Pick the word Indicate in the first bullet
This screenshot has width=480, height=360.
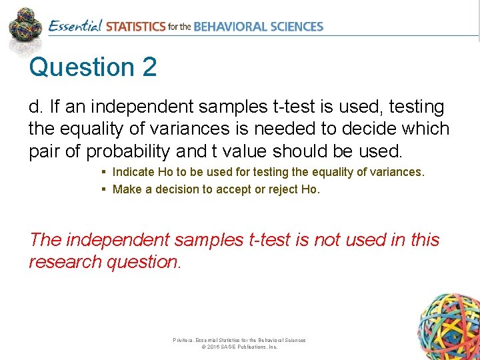pyautogui.click(x=133, y=172)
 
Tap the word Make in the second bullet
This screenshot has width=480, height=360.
pyautogui.click(x=126, y=189)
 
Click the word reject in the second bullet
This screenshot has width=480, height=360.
pyautogui.click(x=282, y=189)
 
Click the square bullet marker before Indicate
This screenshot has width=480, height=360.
pyautogui.click(x=104, y=172)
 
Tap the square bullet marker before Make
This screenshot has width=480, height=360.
pyautogui.click(x=104, y=189)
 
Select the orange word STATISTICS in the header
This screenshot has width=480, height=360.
pyautogui.click(x=135, y=27)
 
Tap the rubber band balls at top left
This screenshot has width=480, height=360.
pyautogui.click(x=25, y=25)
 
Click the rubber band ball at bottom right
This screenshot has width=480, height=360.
pyautogui.click(x=448, y=325)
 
